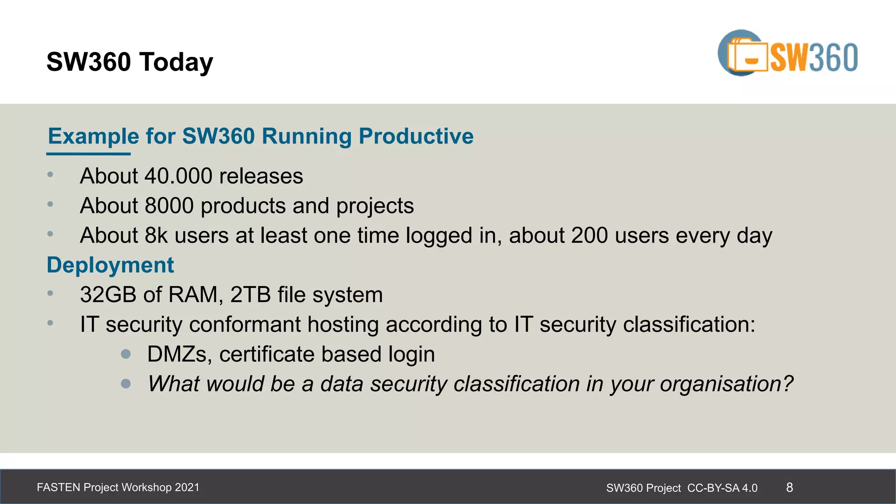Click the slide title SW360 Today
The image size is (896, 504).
coord(129,62)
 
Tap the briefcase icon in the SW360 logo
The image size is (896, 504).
coord(747,56)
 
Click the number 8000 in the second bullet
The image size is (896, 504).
coord(169,206)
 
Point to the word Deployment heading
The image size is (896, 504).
coord(110,265)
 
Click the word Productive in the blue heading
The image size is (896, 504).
coord(416,136)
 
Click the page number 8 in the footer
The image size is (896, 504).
coord(789,487)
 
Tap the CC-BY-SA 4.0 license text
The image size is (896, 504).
coord(722,488)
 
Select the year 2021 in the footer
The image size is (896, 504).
coord(187,487)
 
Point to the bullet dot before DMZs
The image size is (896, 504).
coord(126,354)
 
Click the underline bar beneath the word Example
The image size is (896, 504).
coord(88,154)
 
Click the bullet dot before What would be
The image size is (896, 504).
coord(126,384)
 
